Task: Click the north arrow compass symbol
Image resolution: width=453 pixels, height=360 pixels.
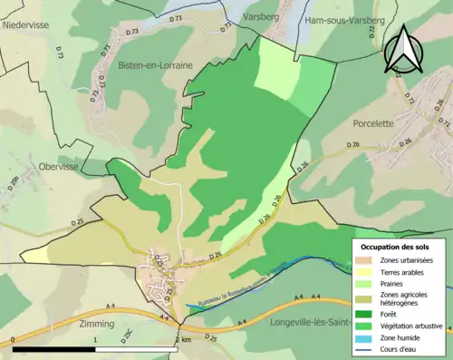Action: coord(403,49)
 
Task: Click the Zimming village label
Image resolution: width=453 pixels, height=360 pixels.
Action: coord(97,323)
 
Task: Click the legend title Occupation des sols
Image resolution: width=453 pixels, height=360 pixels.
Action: coord(401,247)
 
